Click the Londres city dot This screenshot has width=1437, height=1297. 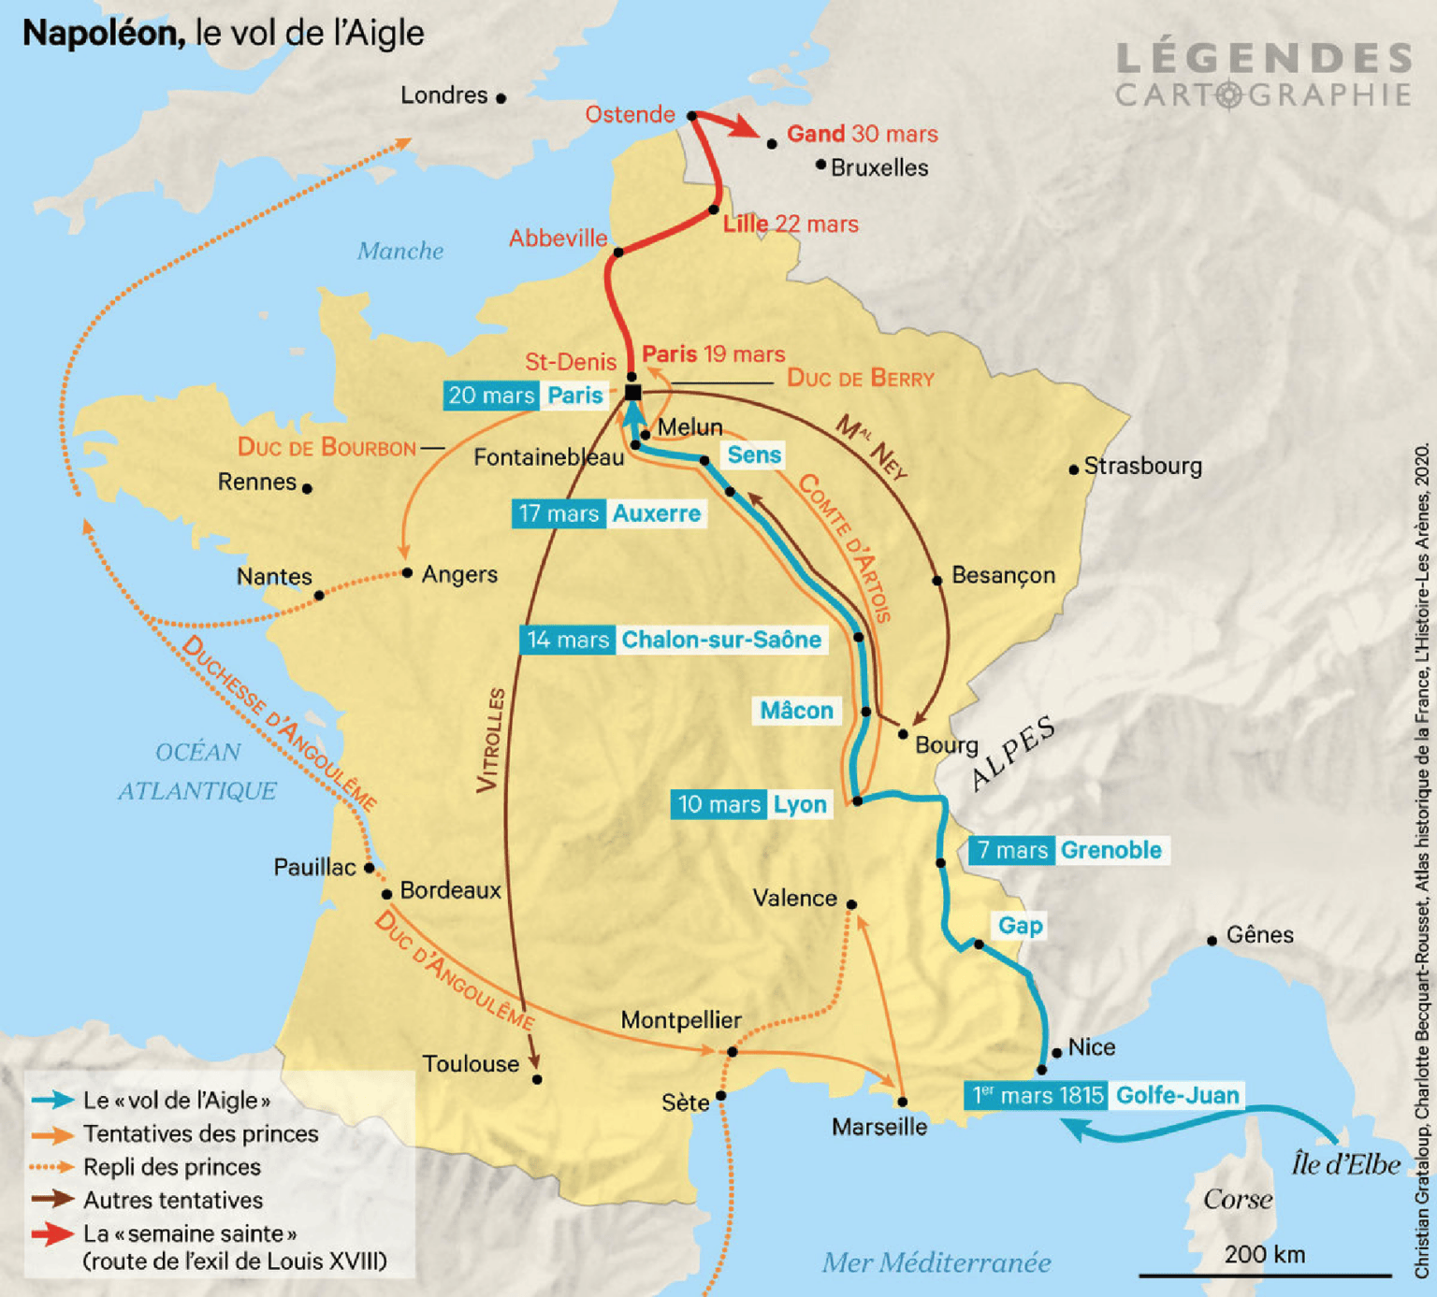(x=501, y=98)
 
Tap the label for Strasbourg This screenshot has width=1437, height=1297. (x=1142, y=466)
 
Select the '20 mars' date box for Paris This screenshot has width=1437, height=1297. (x=490, y=396)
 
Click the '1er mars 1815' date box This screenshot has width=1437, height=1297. (x=1038, y=1095)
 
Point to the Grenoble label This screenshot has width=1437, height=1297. (x=1111, y=850)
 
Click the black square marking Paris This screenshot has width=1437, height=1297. (x=632, y=393)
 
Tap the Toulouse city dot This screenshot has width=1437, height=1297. (x=537, y=1079)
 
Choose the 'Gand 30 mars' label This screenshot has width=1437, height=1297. (x=862, y=134)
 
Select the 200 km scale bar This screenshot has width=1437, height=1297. (x=1264, y=1274)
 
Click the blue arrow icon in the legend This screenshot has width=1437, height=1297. (x=52, y=1101)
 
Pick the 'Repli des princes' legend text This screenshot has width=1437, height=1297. (x=172, y=1167)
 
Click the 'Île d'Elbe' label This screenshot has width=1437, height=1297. (x=1345, y=1164)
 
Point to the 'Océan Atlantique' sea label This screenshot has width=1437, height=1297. (x=197, y=771)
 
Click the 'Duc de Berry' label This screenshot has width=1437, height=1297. (x=860, y=378)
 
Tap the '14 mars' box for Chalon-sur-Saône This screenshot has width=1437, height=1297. (x=567, y=640)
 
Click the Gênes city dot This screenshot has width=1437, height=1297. (x=1212, y=941)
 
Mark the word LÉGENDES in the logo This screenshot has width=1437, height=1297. (x=1263, y=59)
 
